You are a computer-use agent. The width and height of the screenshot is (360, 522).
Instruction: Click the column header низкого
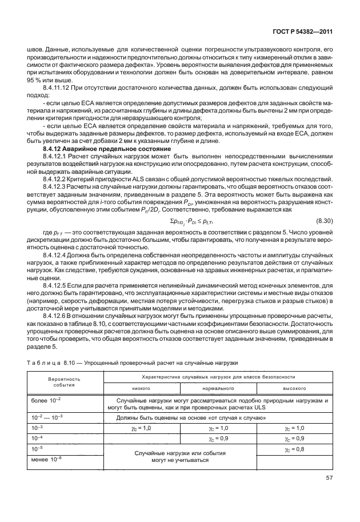[x=141, y=388]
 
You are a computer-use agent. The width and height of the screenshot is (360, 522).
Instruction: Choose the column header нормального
[x=218, y=388]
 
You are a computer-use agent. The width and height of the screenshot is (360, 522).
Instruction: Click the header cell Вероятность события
[x=64, y=382]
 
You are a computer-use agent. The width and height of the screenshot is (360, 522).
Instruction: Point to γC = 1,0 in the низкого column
[x=141, y=428]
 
